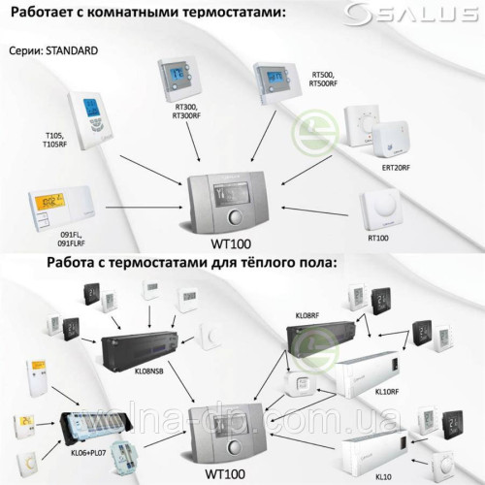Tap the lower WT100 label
[229, 474]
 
